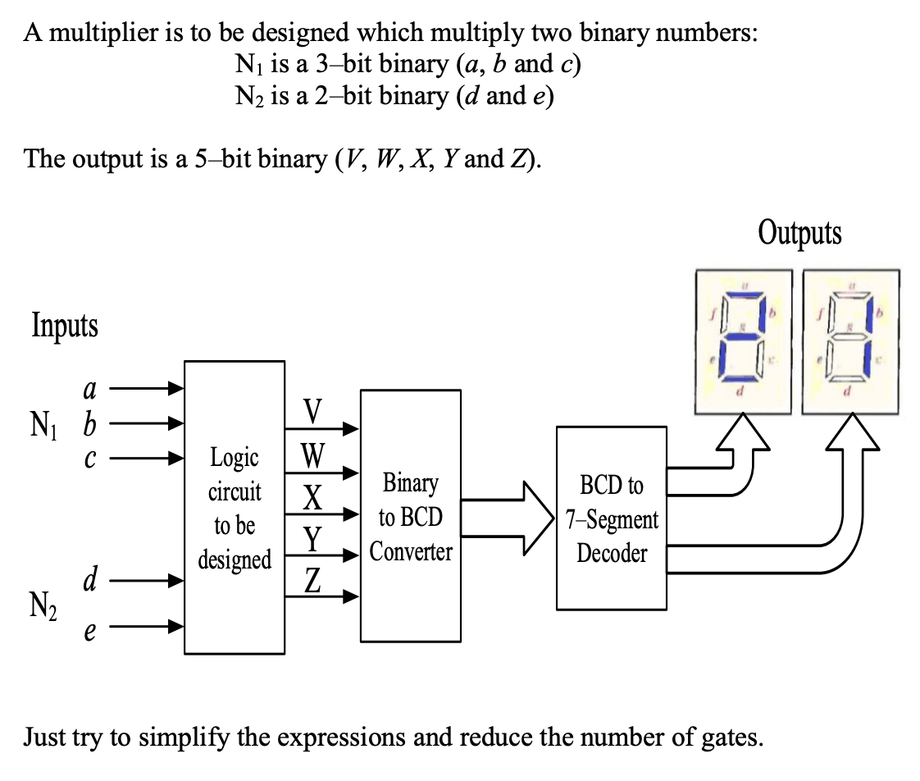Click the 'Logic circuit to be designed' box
click(235, 507)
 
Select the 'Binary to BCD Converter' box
click(410, 516)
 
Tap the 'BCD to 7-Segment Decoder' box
click(611, 518)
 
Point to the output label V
click(312, 409)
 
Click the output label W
click(312, 454)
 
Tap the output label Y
click(312, 538)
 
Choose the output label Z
click(312, 581)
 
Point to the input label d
click(92, 581)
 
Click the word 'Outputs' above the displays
click(799, 233)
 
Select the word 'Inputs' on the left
click(65, 326)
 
